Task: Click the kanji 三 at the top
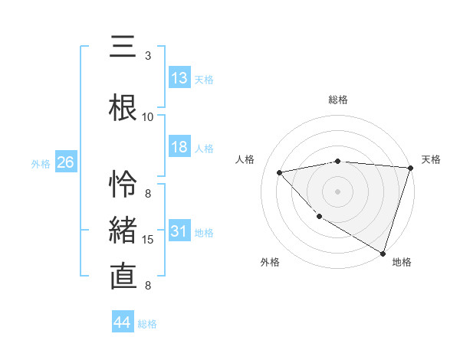point(122,48)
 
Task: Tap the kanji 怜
point(123,185)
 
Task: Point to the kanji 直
point(123,277)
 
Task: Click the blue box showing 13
point(179,79)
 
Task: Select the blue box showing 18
point(179,148)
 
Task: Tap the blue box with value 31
point(179,232)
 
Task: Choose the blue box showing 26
point(65,163)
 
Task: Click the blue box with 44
point(123,322)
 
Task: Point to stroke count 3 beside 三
point(148,55)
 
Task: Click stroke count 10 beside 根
point(148,116)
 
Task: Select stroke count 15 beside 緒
point(148,240)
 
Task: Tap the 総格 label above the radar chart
point(338,100)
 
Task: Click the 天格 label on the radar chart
point(431,159)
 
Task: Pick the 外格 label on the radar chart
point(270,262)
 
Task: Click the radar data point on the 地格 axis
point(383,252)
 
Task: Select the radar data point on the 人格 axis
point(280,172)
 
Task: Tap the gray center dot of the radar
point(338,191)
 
